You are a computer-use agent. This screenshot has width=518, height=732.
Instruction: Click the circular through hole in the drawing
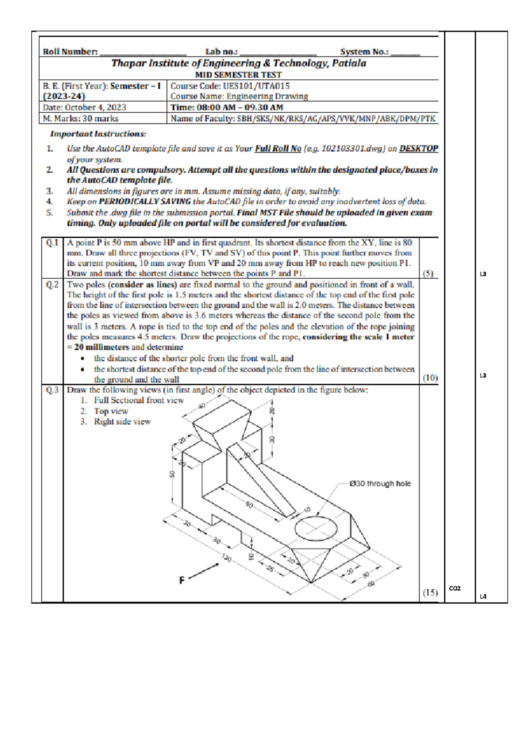[316, 527]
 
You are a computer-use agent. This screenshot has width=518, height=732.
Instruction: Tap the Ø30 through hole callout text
[380, 484]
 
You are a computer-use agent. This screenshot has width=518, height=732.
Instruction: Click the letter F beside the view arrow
[182, 581]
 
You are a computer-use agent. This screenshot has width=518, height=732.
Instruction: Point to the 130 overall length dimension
[227, 558]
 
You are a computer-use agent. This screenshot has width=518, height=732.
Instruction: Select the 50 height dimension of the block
[172, 474]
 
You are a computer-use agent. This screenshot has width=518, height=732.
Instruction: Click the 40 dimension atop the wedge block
[202, 406]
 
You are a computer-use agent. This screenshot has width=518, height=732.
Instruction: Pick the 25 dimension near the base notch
[270, 569]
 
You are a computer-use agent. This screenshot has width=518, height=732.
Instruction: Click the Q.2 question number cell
[52, 285]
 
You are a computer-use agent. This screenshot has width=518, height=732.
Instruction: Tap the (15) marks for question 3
[430, 593]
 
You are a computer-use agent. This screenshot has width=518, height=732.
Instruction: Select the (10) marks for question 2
[430, 378]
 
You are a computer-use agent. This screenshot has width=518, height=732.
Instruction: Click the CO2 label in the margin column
[455, 588]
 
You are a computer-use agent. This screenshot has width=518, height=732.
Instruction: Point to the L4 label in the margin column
[483, 596]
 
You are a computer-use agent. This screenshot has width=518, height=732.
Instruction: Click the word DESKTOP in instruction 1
[418, 148]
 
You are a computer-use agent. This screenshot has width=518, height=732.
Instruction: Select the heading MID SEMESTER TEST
[238, 75]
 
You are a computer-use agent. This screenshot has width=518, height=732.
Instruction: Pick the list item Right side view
[122, 422]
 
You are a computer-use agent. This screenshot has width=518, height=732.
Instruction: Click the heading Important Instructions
[98, 134]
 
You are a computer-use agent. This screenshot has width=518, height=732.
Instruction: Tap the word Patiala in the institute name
[349, 63]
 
